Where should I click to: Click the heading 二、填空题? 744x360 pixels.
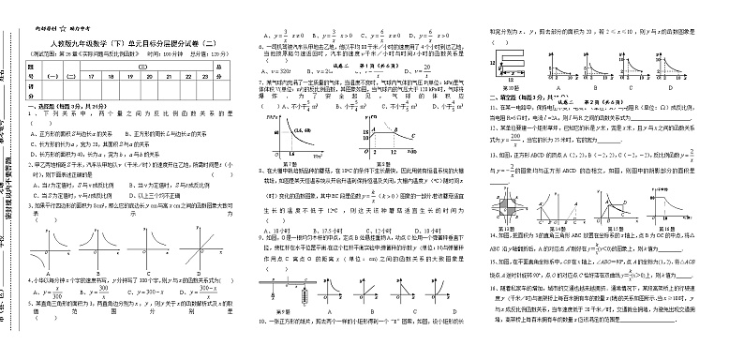tap(510, 97)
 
